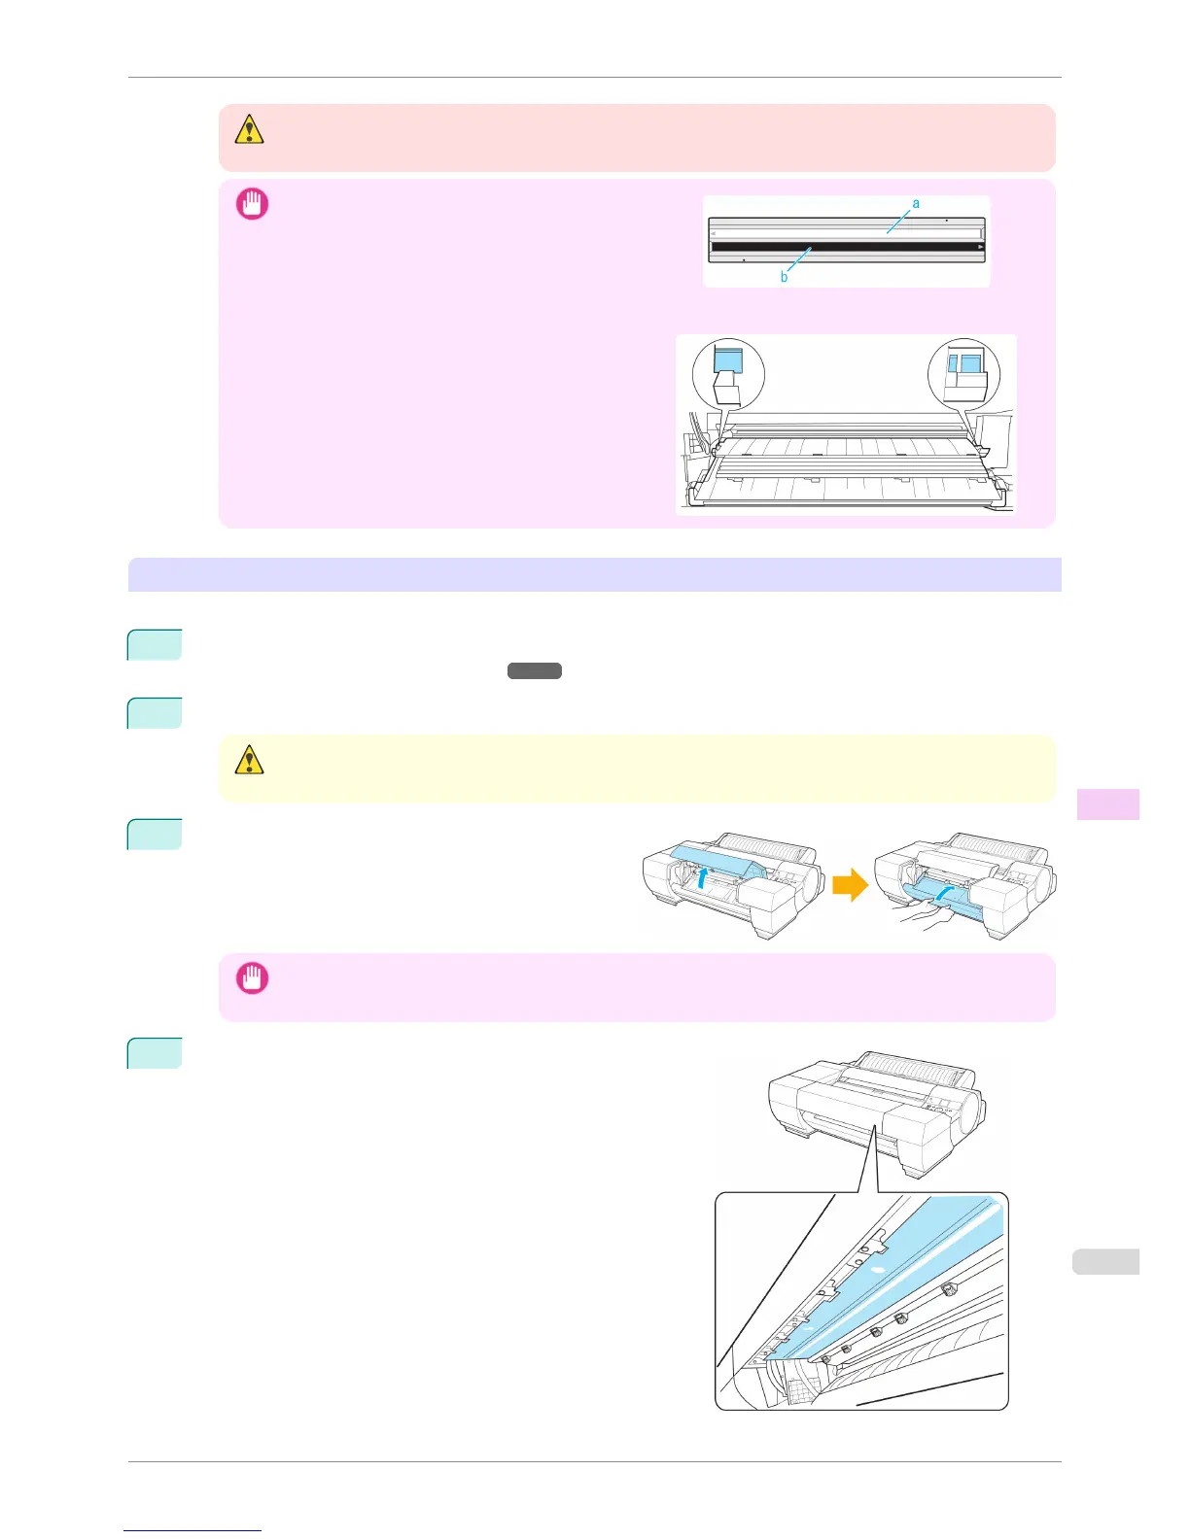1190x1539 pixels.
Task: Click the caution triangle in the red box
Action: click(x=249, y=129)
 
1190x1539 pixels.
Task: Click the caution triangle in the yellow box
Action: click(x=249, y=760)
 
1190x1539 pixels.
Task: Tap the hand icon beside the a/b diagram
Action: click(x=252, y=204)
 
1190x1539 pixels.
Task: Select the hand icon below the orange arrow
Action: click(x=252, y=977)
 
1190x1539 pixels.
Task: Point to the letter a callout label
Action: click(x=916, y=203)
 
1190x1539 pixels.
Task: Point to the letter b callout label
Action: click(x=784, y=278)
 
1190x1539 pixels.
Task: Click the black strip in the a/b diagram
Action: click(x=846, y=247)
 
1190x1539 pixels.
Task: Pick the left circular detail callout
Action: click(x=728, y=373)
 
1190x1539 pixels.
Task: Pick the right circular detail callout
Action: click(x=963, y=373)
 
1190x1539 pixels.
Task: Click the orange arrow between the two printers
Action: click(x=851, y=886)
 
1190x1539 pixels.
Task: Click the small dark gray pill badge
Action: click(x=534, y=670)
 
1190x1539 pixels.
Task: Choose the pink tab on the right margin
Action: click(x=1108, y=804)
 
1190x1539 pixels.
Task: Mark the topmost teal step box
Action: click(x=155, y=645)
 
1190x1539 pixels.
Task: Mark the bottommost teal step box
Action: click(x=155, y=1053)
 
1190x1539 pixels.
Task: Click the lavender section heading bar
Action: click(x=594, y=574)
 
